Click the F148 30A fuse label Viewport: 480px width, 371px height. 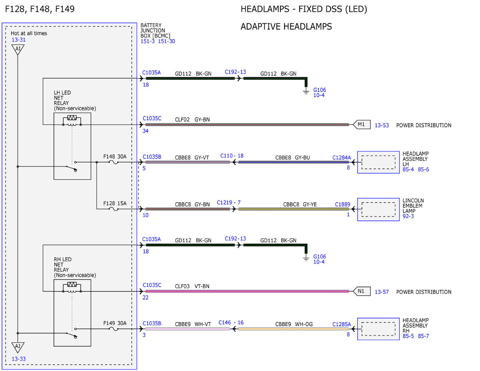[x=115, y=156]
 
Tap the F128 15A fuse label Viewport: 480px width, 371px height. [x=115, y=203]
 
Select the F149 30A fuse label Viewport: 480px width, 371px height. [x=115, y=323]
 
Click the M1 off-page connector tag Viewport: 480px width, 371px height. [x=362, y=124]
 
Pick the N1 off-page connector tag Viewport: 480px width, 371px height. [x=362, y=291]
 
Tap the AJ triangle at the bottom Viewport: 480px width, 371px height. [x=18, y=347]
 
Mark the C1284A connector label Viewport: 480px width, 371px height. [x=342, y=157]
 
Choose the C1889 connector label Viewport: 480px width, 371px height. [x=343, y=204]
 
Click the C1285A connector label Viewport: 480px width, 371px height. [x=342, y=324]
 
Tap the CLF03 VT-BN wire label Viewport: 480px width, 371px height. [x=192, y=286]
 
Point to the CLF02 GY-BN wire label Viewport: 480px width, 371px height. [x=192, y=120]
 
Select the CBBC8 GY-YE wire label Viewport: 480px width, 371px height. [x=300, y=205]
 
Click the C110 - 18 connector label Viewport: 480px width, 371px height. [x=232, y=156]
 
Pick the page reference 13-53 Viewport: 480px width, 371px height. [x=382, y=125]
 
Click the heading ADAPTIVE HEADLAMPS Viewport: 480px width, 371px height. [x=286, y=26]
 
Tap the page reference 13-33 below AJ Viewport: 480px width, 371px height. [x=18, y=359]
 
